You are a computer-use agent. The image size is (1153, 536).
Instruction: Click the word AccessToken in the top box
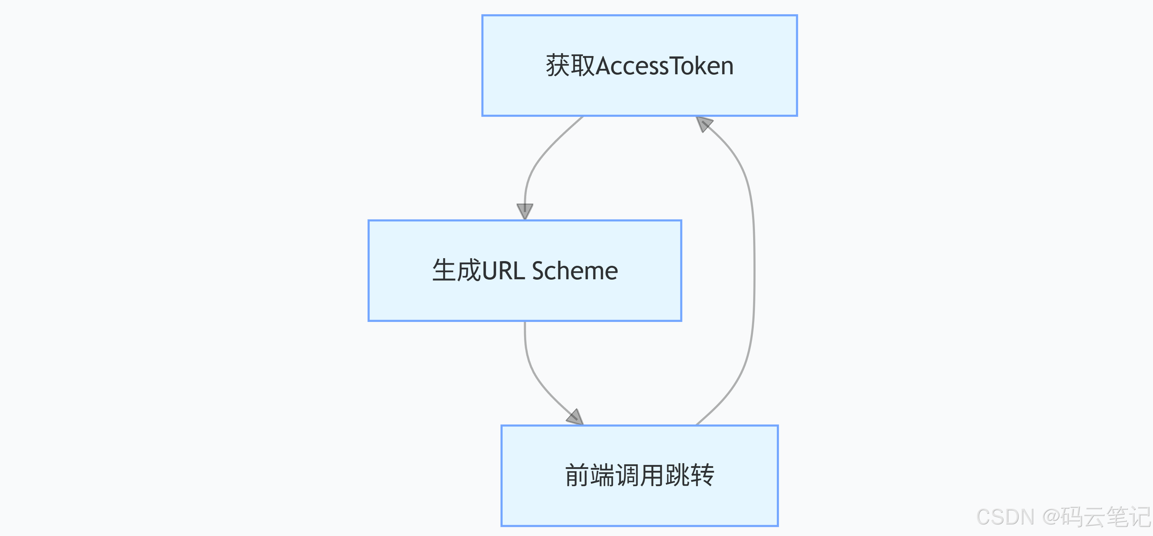click(x=665, y=66)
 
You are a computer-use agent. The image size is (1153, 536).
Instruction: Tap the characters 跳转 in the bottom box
click(x=689, y=475)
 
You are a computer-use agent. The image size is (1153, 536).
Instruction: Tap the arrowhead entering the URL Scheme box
click(x=524, y=211)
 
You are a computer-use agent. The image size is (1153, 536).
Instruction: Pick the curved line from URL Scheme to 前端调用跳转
click(x=535, y=371)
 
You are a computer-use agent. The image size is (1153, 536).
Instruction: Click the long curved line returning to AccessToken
click(x=754, y=268)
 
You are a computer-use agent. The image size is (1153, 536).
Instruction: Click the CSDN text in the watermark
click(x=1005, y=517)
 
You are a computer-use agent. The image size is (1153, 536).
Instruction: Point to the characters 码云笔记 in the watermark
click(x=1106, y=517)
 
